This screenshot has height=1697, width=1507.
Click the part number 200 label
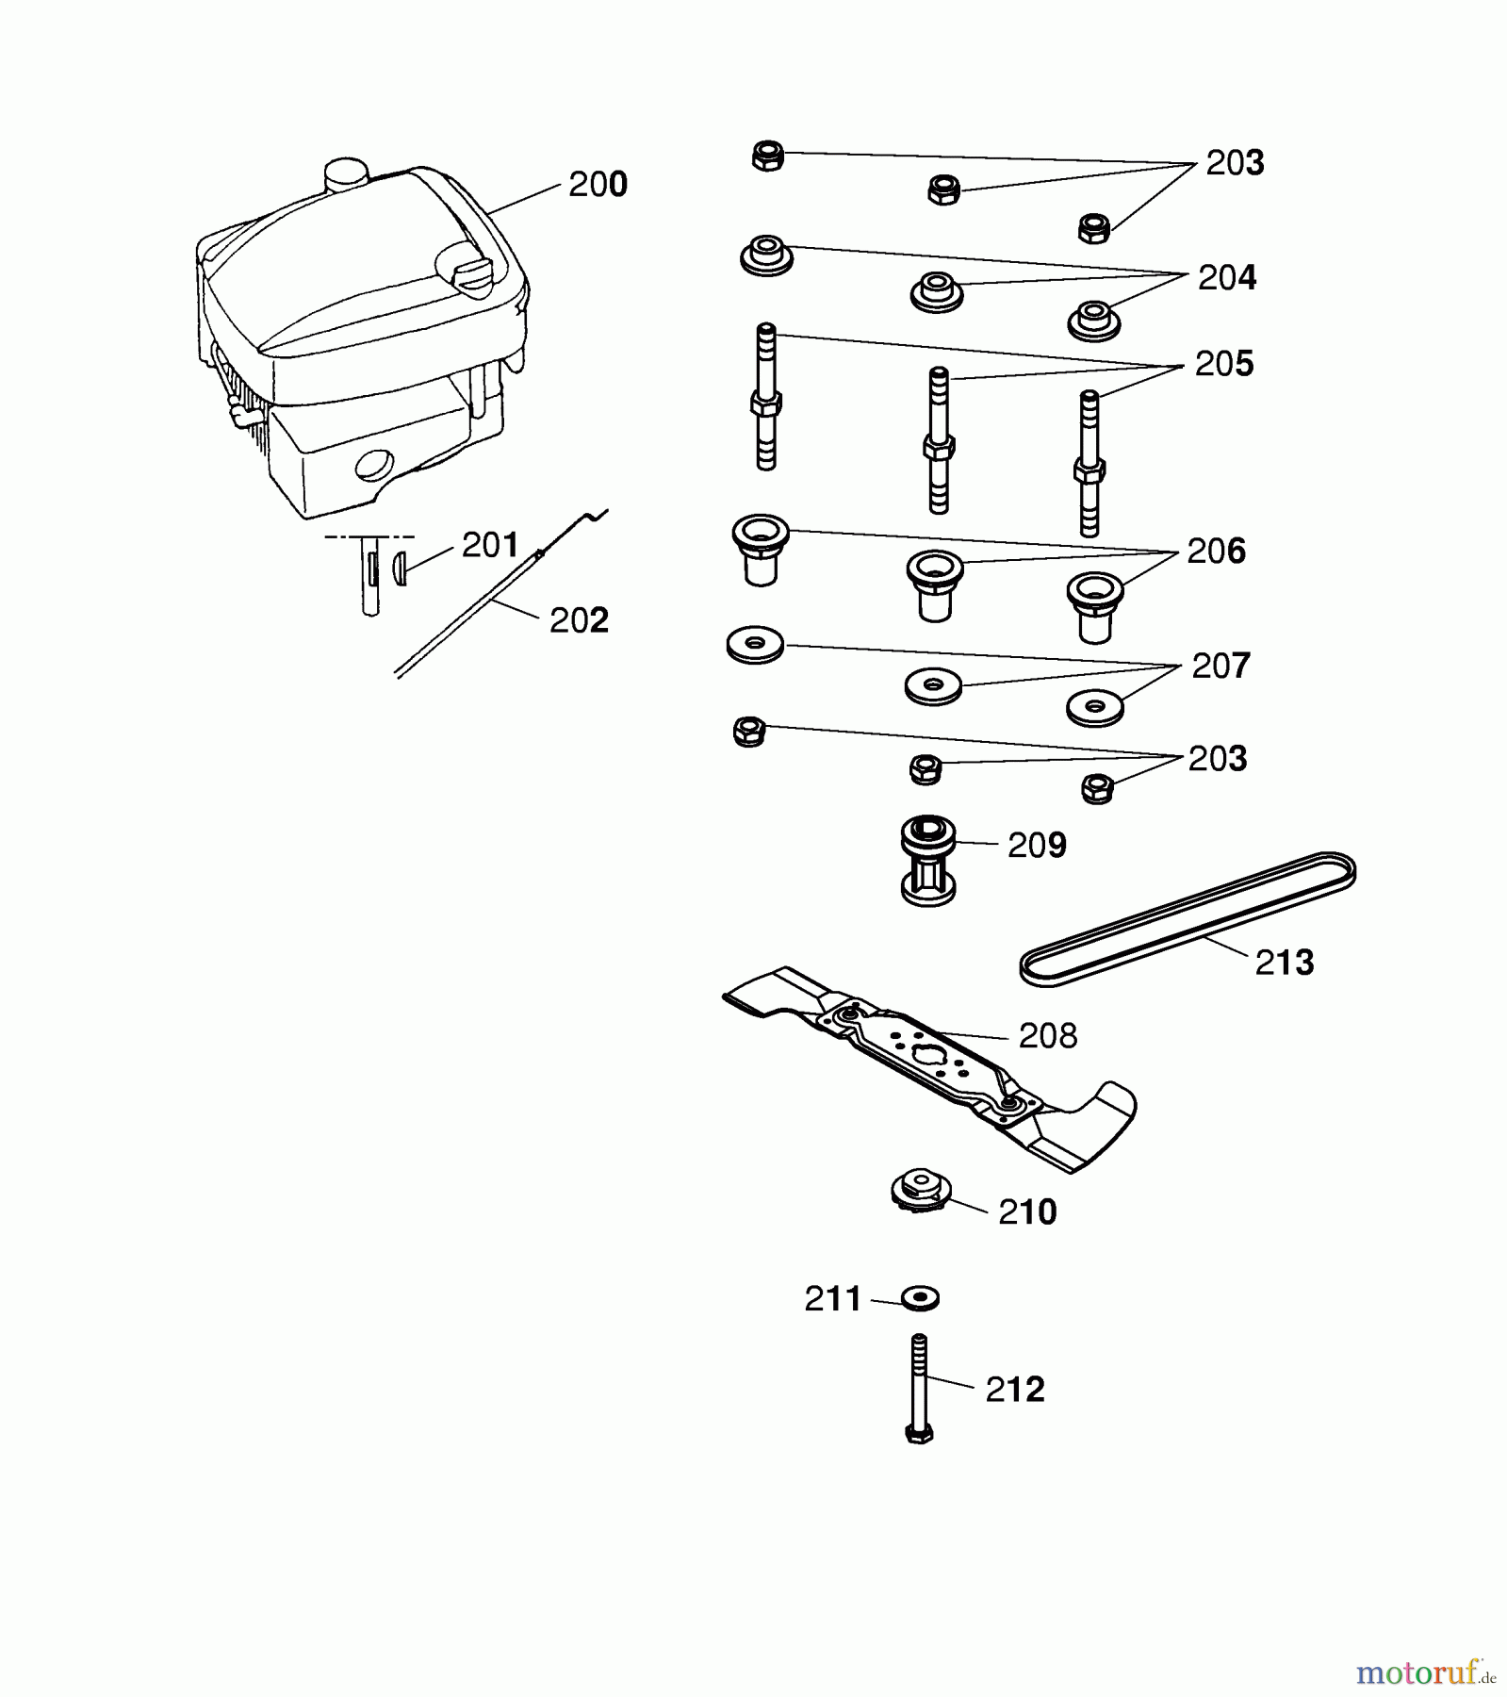click(598, 185)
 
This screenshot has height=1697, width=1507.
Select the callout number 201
click(490, 545)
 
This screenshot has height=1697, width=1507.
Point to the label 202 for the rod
click(579, 620)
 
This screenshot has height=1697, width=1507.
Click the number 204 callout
click(1227, 278)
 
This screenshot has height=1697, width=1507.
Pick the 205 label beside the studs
click(1224, 364)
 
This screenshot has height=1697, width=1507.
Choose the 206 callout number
click(1216, 552)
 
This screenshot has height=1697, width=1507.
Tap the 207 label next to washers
click(1221, 667)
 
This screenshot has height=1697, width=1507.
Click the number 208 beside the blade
click(1048, 1036)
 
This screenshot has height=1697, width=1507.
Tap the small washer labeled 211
click(920, 1298)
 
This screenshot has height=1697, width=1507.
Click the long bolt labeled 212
click(920, 1390)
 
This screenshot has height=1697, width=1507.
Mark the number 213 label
click(1284, 964)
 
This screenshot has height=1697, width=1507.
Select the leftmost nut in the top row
click(768, 156)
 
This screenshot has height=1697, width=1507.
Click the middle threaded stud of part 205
click(938, 440)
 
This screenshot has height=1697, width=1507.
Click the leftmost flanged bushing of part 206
click(760, 551)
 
